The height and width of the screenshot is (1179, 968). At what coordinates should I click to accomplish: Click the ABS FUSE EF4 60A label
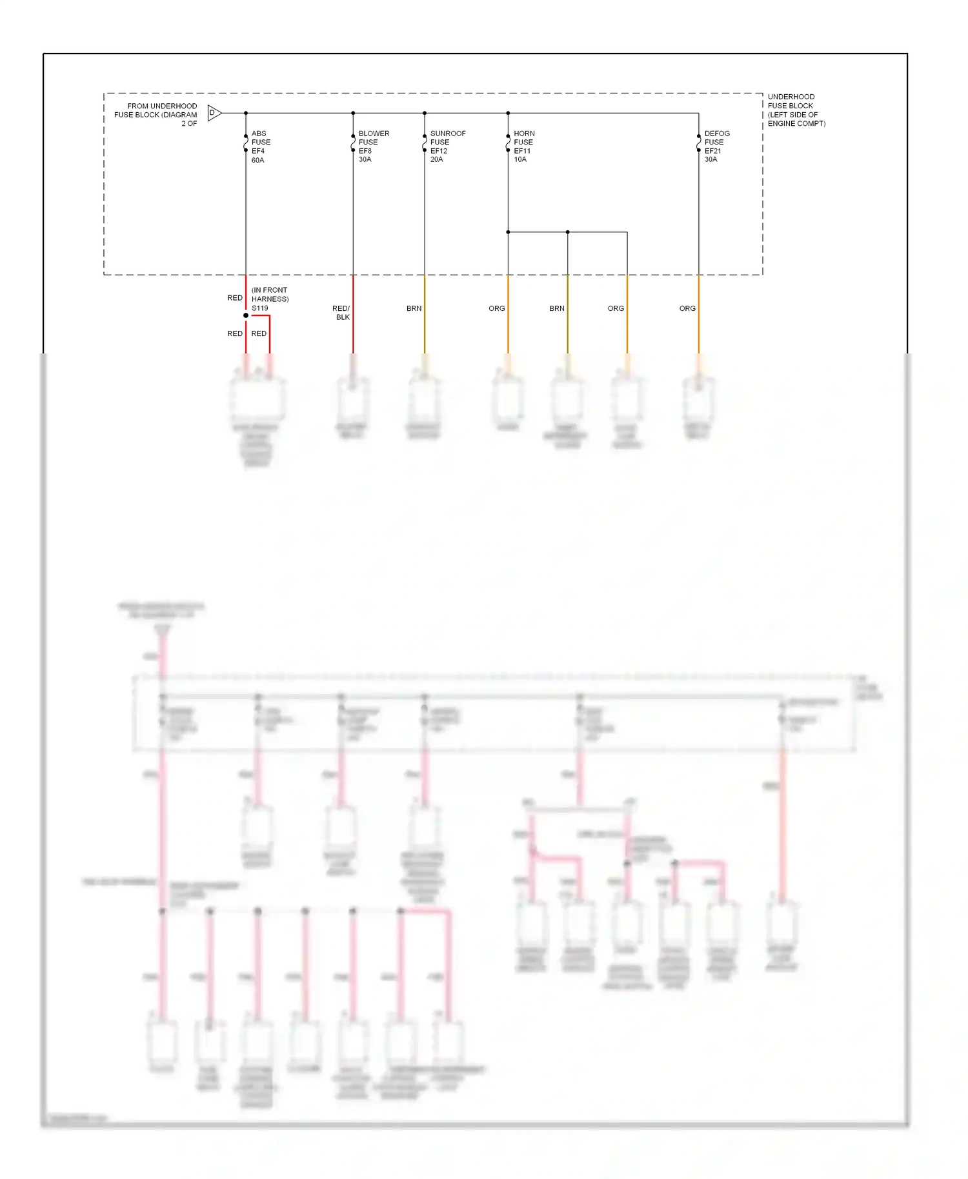(261, 146)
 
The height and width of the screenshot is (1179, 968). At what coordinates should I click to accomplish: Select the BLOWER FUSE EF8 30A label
(373, 146)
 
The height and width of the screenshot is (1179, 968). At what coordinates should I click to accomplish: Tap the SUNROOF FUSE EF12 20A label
(447, 146)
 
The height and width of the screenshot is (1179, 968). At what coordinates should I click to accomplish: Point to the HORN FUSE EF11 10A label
(524, 146)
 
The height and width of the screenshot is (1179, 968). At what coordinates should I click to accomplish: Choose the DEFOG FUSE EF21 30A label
(716, 146)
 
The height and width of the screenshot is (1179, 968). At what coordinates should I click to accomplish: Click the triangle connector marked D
(214, 113)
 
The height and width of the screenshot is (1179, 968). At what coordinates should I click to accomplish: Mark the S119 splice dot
(246, 315)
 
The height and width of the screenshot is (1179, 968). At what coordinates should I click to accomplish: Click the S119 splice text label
(260, 308)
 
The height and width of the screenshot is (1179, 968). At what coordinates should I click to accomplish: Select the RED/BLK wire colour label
(341, 313)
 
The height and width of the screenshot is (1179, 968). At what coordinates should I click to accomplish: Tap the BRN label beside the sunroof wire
(414, 308)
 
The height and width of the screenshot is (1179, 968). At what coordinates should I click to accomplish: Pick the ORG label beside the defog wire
(687, 308)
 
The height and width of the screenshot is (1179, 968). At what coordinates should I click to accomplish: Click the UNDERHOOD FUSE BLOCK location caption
(796, 110)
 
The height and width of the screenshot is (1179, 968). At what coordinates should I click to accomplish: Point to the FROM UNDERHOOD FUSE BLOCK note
(156, 114)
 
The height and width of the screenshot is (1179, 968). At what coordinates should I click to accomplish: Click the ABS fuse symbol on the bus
(246, 143)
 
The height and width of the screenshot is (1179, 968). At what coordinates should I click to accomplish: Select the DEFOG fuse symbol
(699, 143)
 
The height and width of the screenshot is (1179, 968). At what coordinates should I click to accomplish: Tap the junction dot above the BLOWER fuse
(353, 113)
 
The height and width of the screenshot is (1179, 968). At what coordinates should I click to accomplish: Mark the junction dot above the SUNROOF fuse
(425, 113)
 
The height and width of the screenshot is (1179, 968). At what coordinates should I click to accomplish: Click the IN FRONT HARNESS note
(270, 295)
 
